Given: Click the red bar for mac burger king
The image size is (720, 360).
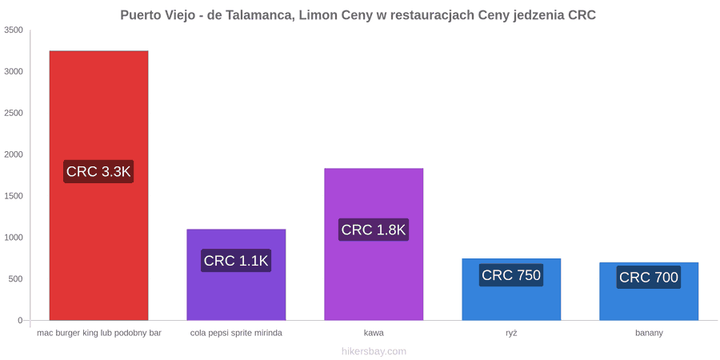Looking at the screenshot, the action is (98, 186).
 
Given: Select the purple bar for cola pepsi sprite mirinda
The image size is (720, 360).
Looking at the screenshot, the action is (236, 274).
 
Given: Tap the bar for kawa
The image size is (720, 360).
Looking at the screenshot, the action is (374, 244).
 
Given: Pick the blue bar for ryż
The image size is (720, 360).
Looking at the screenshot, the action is (511, 290).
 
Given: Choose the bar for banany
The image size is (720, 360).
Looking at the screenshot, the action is (649, 291).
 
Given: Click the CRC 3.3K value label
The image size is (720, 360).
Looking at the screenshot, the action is (98, 172).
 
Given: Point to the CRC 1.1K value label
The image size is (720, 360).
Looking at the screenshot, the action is (236, 260).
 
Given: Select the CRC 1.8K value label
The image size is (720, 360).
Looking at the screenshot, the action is (374, 230).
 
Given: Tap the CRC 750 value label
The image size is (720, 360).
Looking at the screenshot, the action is (511, 275).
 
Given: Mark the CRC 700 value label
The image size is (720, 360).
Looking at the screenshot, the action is (649, 278).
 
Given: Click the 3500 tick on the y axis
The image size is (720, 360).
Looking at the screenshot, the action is (14, 30).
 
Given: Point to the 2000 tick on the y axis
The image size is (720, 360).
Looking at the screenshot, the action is (14, 154).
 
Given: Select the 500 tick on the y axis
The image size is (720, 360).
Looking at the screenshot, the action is (16, 279).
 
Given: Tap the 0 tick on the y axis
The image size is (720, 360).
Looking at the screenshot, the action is (20, 321).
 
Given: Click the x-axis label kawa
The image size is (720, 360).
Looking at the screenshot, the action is (374, 333).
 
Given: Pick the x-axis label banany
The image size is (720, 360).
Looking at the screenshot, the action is (649, 334).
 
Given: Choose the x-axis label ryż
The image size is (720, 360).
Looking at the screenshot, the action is (511, 334).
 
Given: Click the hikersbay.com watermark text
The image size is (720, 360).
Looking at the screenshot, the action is (374, 351).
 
